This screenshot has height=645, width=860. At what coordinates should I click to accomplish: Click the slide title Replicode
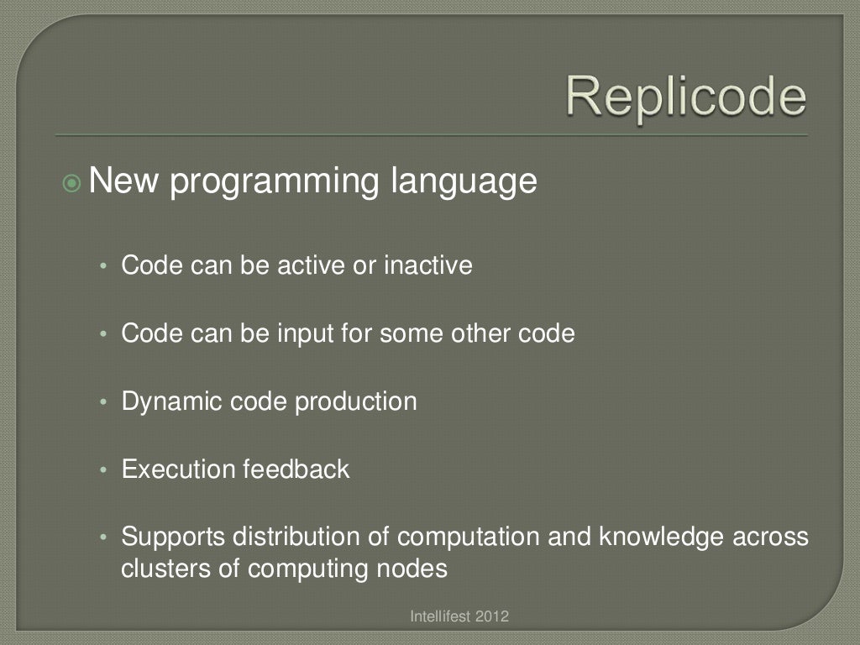[x=685, y=97]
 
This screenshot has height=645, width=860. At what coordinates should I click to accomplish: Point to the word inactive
[x=427, y=265]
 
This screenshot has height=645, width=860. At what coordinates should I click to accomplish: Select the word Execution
[x=179, y=469]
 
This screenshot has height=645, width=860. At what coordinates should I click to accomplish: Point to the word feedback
[x=296, y=469]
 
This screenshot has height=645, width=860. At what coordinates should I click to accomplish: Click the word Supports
[x=173, y=536]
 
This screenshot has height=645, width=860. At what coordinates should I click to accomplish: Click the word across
[x=773, y=536]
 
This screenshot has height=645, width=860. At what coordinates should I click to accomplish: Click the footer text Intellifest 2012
[x=459, y=617]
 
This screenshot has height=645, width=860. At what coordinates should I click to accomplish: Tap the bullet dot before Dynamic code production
[x=103, y=402]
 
